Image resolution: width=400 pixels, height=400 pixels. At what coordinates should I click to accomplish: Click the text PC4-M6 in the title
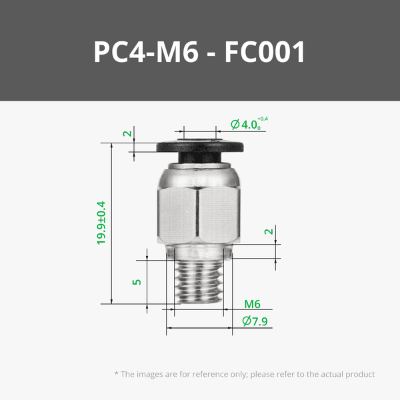coord(145,52)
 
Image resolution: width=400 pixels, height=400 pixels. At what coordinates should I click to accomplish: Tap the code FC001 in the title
coord(265,52)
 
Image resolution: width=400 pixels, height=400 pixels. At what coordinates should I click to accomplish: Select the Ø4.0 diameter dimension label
coord(244,124)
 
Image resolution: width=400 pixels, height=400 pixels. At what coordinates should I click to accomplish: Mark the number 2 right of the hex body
coord(268,232)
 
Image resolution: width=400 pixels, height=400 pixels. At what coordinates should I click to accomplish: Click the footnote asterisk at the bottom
coord(116,374)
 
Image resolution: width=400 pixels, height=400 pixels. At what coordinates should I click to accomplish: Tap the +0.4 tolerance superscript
coord(271,119)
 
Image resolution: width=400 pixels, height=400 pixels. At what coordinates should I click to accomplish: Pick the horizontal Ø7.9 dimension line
coord(200,328)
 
